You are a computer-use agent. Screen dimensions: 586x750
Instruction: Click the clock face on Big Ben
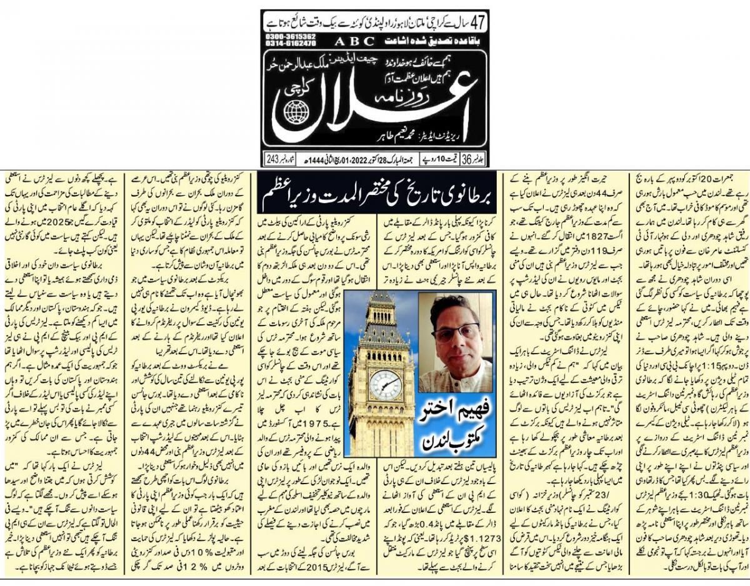(x=385, y=385)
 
